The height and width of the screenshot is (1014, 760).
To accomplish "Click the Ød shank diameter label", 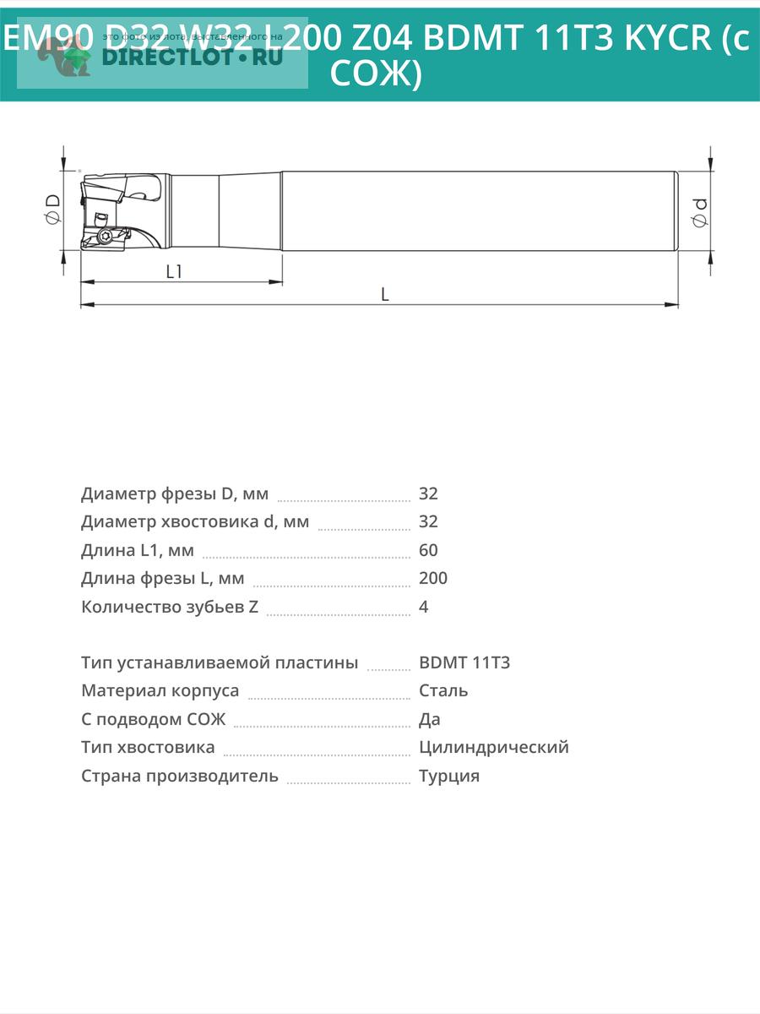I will [700, 210].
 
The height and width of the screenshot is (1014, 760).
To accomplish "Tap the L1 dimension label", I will [175, 271].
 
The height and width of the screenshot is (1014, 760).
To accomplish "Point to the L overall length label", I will [385, 294].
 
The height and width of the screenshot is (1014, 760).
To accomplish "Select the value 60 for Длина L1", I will [428, 550].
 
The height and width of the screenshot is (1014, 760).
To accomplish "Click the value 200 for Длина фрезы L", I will [433, 578].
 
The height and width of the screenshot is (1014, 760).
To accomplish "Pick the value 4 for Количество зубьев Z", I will [424, 607].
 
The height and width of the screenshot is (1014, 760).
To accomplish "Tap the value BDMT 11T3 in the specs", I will [464, 662].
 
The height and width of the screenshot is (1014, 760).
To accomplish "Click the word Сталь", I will [443, 690].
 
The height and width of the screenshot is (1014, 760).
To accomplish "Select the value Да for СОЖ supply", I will [430, 719].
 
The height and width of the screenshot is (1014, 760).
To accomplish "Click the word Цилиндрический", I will [494, 747].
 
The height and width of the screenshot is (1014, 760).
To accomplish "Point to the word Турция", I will [449, 776].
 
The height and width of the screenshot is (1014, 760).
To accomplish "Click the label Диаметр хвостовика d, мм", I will [195, 521].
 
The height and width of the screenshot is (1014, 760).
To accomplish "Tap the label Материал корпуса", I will [160, 690].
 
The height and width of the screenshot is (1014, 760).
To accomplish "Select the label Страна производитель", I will [180, 776].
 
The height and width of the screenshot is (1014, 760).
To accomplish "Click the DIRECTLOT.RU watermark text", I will [191, 57].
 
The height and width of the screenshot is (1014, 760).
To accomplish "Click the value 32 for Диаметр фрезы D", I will [428, 493].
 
